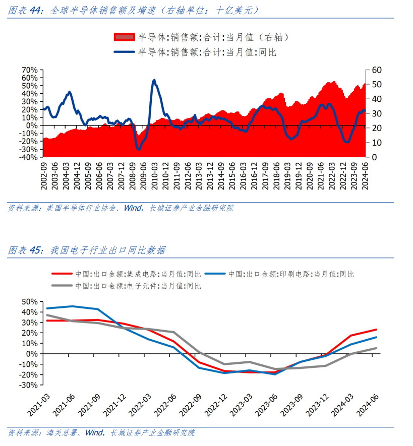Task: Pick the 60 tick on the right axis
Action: tap(377, 70)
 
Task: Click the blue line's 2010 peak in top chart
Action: tap(154, 80)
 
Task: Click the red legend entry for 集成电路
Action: tap(126, 274)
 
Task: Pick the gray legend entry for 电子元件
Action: tap(126, 286)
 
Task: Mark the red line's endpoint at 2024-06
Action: tap(377, 330)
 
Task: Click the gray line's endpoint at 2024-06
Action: tap(377, 348)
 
